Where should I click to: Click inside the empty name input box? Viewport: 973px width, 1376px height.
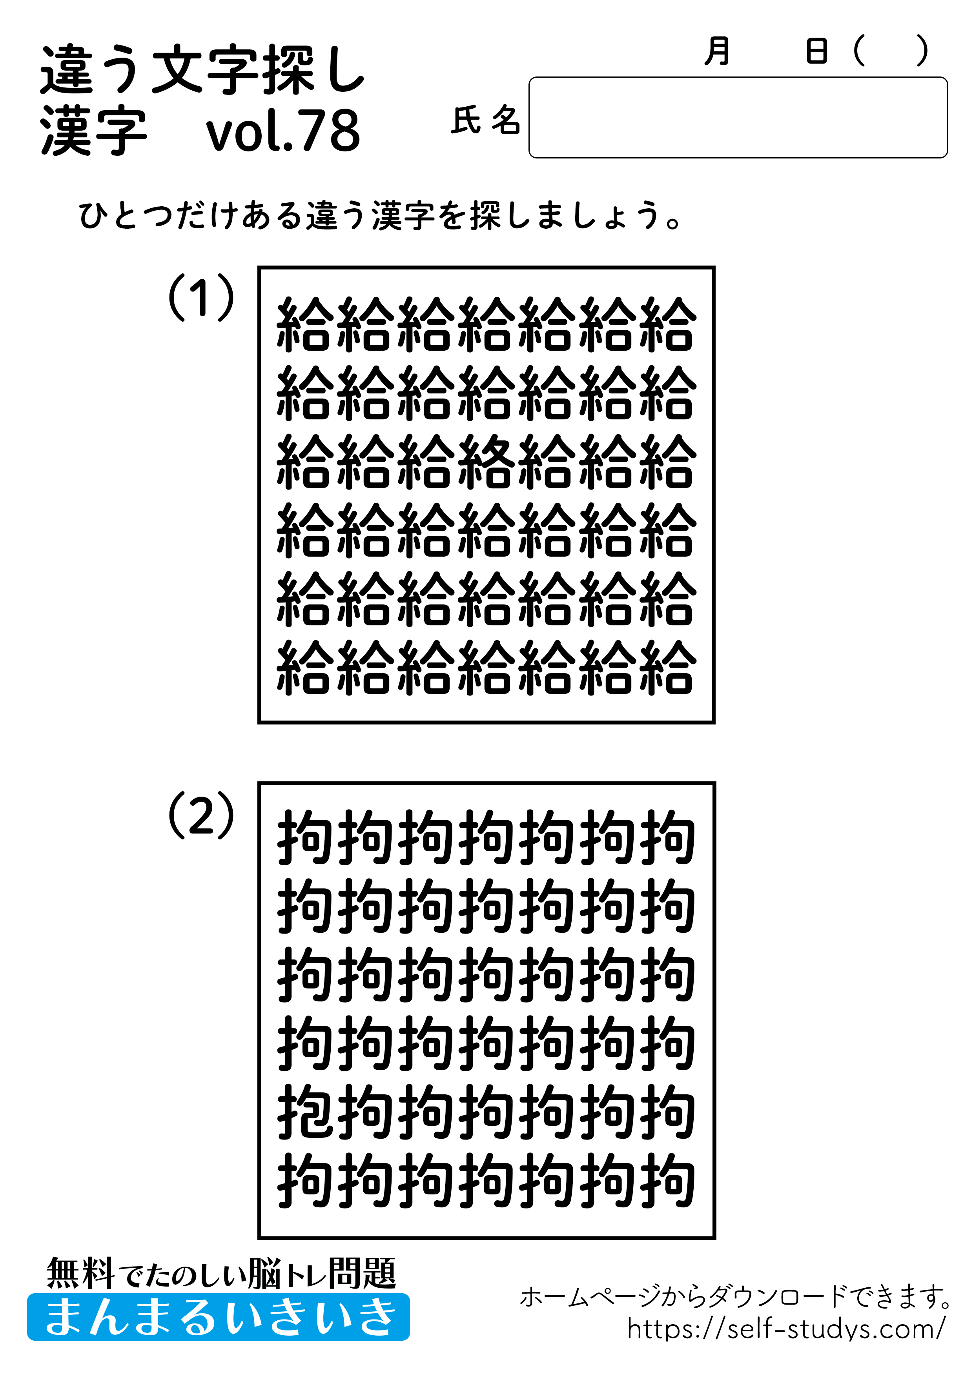pos(737,117)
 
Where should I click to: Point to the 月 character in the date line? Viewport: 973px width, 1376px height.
pos(717,51)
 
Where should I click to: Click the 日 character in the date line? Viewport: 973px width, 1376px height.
pos(816,51)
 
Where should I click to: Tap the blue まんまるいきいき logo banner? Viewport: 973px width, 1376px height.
pos(218,1317)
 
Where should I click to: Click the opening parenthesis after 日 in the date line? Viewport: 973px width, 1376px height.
pos(859,51)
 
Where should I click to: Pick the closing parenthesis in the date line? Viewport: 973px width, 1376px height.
pos(923,51)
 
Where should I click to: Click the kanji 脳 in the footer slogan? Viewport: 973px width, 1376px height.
pos(264,1274)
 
